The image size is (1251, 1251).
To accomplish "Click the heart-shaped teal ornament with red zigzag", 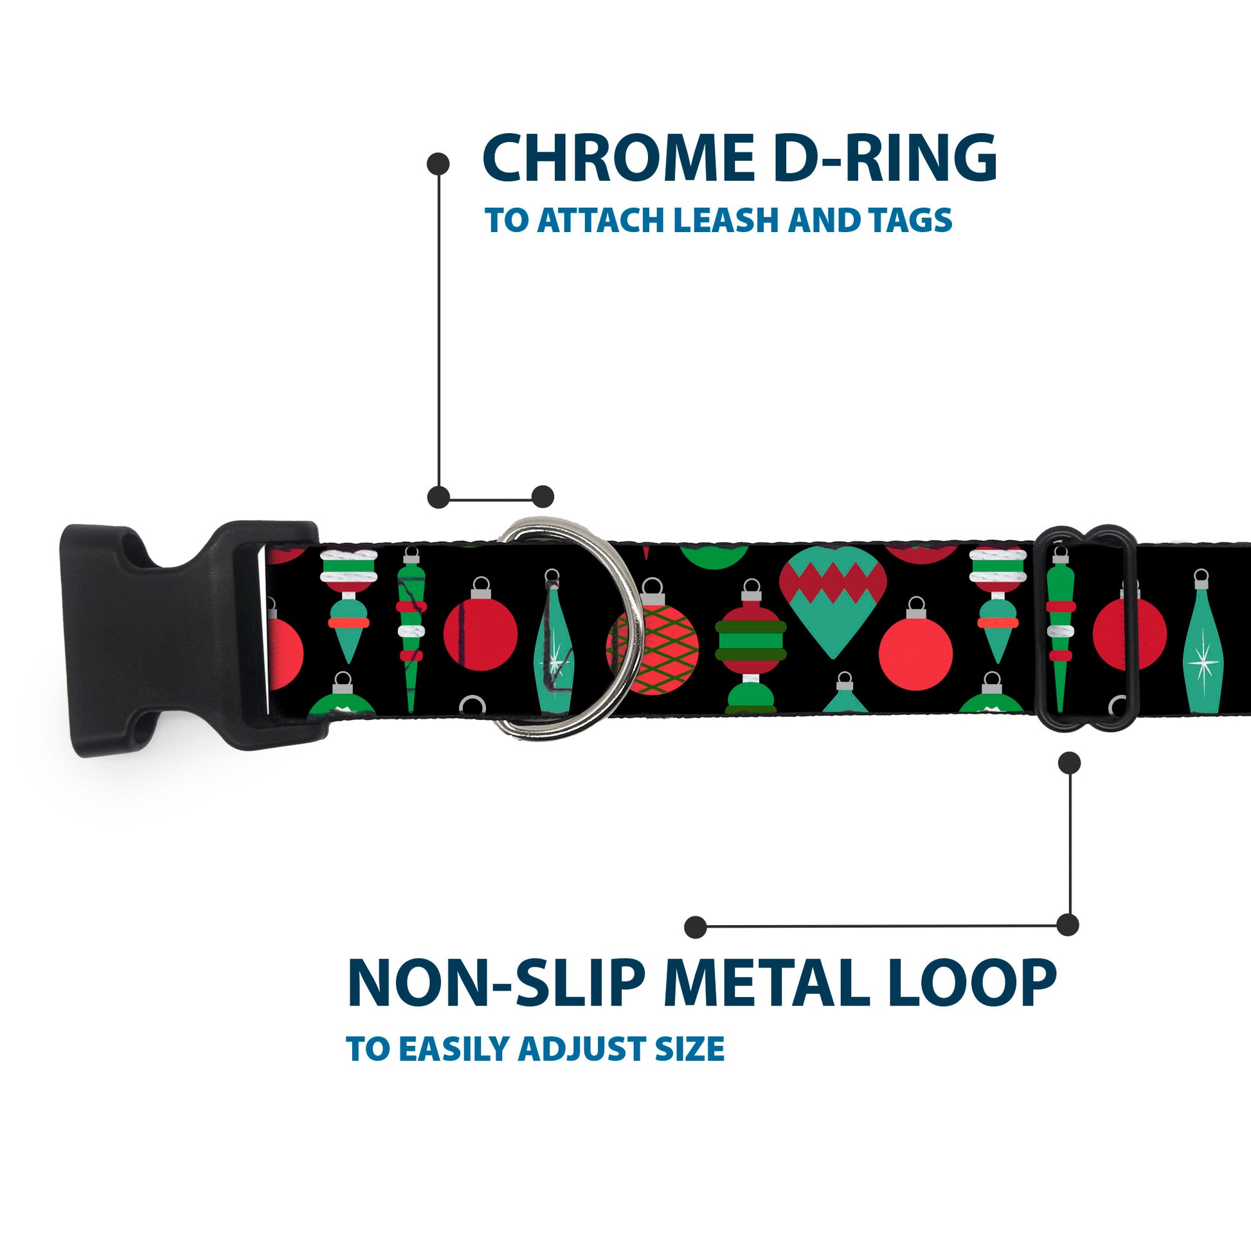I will [x=833, y=599].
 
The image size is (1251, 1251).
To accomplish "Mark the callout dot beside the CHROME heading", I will [x=438, y=164].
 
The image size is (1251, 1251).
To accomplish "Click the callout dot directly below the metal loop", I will [x=1069, y=762].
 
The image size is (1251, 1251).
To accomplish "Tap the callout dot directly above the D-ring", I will [x=543, y=497].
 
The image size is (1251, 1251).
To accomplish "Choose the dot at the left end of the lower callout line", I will [x=695, y=926].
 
